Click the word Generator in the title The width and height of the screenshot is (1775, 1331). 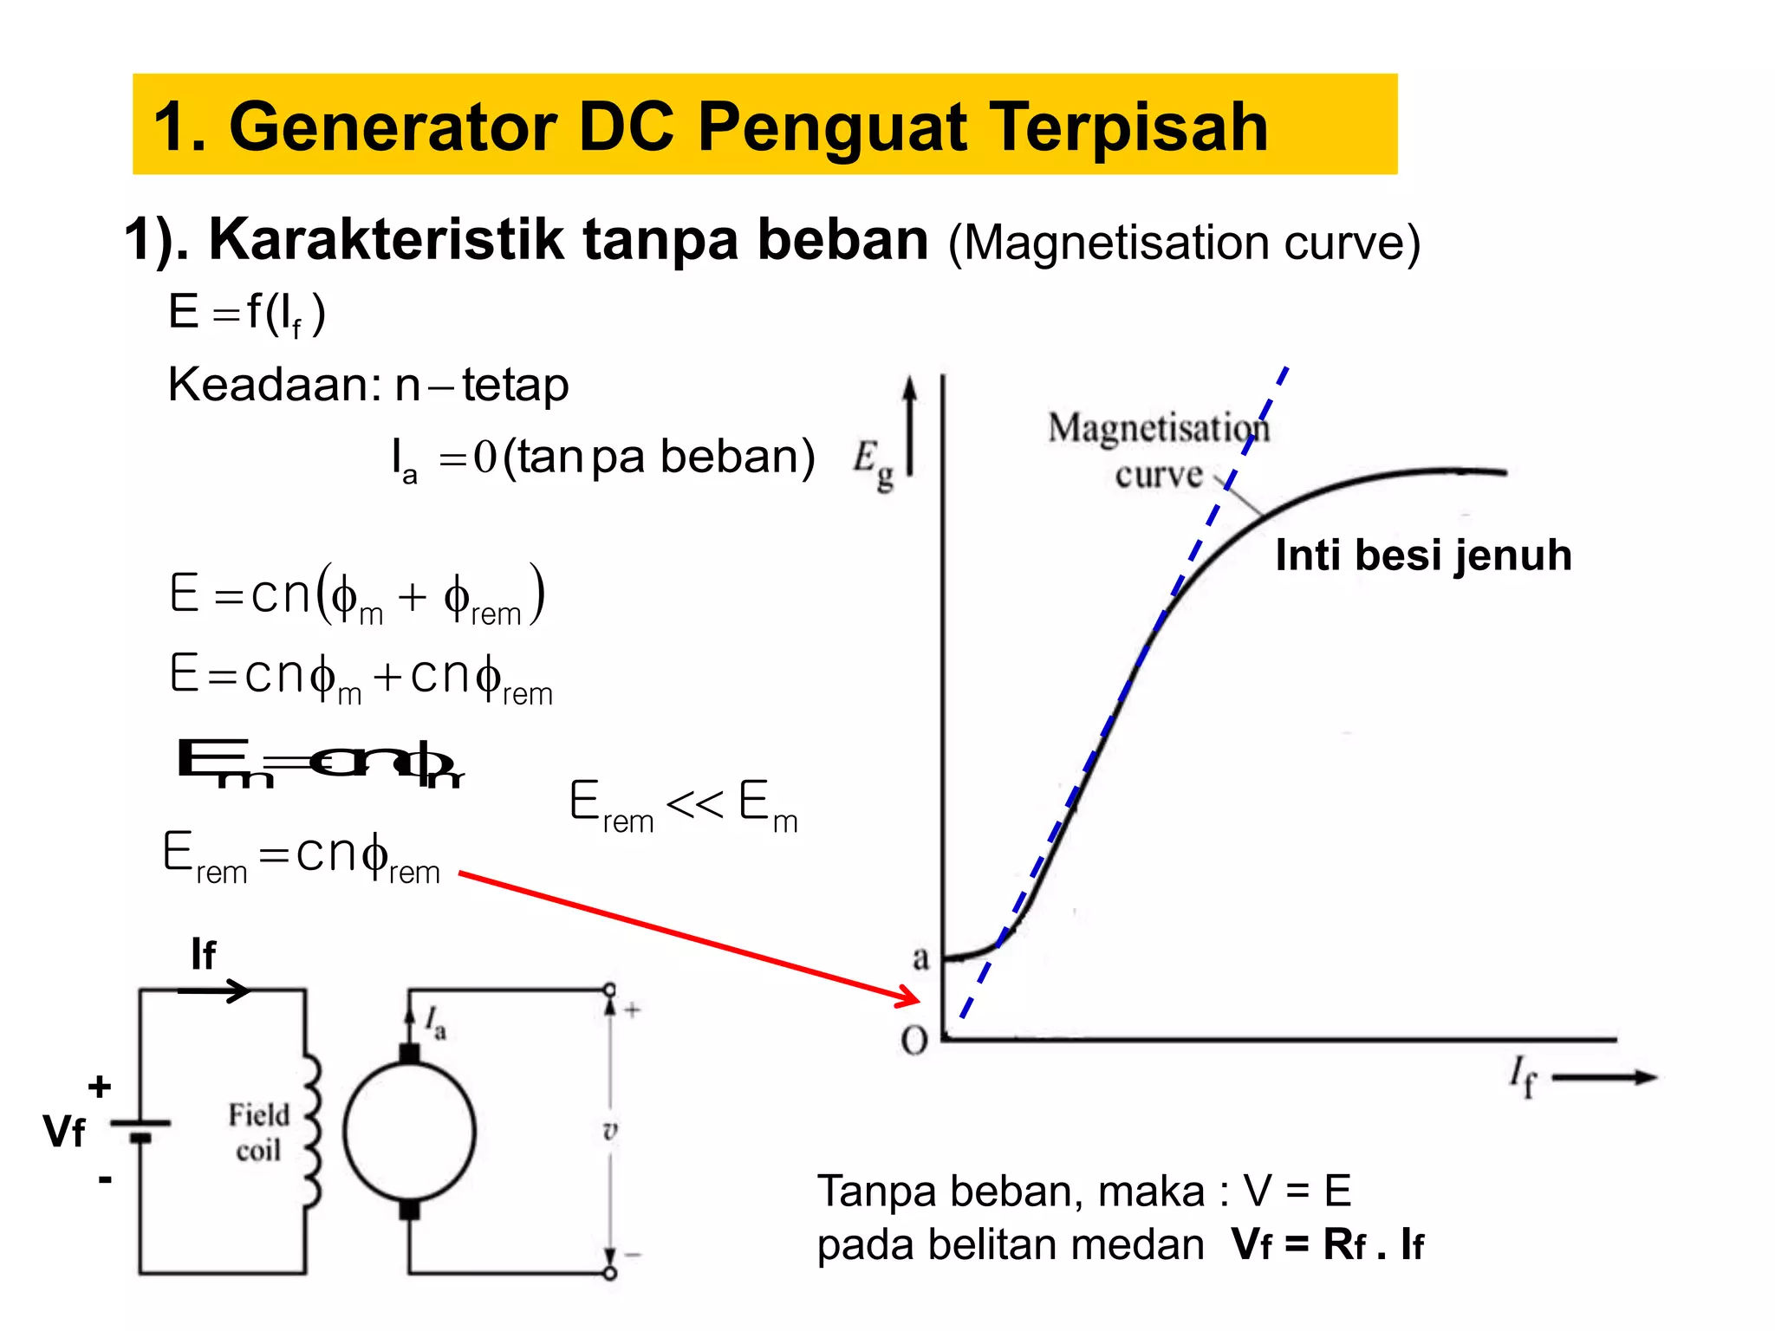[392, 127]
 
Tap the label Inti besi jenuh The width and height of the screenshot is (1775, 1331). [1423, 555]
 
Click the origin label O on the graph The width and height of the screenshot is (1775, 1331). [914, 1040]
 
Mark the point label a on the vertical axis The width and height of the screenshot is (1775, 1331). [920, 958]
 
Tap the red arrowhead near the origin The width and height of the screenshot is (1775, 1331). [912, 997]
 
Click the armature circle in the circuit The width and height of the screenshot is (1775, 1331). [409, 1131]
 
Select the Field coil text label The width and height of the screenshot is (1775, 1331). [258, 1132]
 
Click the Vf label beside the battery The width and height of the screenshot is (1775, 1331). [64, 1132]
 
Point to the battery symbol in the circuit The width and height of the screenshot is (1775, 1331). [140, 1129]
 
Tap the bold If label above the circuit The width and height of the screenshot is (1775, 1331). [204, 955]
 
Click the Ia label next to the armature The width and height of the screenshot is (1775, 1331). [435, 1023]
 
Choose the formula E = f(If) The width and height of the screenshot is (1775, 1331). [247, 314]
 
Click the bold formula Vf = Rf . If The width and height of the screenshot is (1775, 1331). [1327, 1245]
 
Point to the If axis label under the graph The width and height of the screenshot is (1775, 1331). [1522, 1076]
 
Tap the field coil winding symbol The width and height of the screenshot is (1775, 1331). [312, 1131]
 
